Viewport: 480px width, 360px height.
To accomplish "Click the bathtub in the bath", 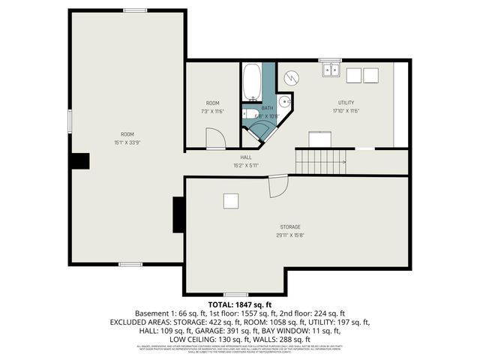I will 251,82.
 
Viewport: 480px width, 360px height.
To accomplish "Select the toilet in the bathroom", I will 249,115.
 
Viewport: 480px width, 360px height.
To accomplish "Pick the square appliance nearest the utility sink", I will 352,74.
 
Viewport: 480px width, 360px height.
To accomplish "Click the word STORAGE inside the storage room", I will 290,226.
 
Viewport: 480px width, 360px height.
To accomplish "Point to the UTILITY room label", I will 346,103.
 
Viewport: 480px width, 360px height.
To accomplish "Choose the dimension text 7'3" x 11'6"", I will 213,111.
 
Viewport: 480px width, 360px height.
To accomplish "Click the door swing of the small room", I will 214,139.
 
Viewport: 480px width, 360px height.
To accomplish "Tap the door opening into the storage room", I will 277,187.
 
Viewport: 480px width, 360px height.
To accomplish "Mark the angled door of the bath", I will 262,132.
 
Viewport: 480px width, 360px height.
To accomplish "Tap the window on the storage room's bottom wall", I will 235,295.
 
